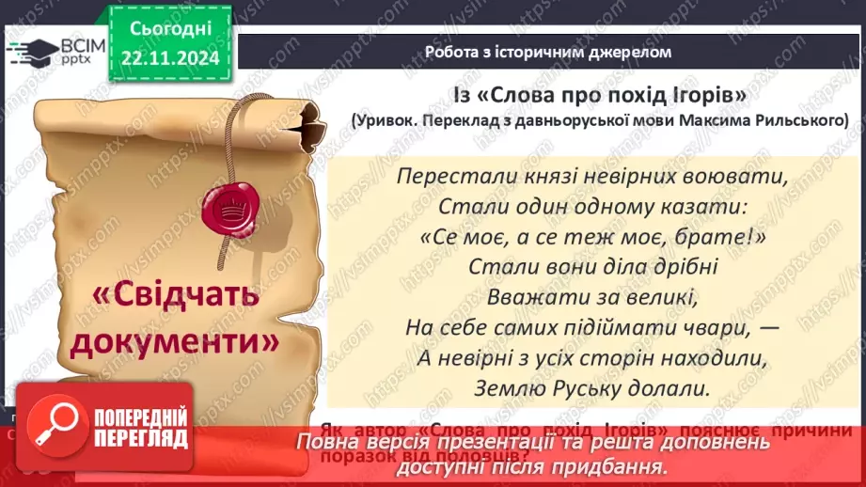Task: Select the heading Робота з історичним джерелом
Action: pyautogui.click(x=548, y=53)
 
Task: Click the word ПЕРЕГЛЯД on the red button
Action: pyautogui.click(x=138, y=438)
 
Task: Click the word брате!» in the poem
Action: pyautogui.click(x=719, y=237)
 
